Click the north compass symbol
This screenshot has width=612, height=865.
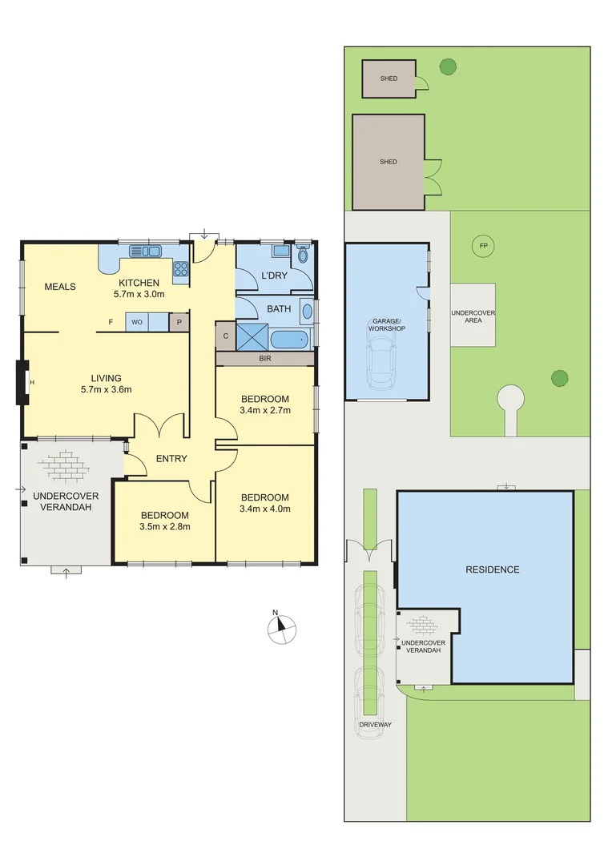click(x=281, y=628)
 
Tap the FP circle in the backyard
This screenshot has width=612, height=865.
click(x=483, y=245)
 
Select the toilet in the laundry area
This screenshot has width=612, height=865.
click(x=302, y=255)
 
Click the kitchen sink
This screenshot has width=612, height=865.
click(x=145, y=251)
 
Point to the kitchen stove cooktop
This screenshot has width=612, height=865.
click(x=181, y=269)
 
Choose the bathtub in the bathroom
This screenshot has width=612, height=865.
click(x=288, y=339)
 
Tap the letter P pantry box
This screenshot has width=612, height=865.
click(x=179, y=322)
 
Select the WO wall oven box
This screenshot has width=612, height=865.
click(x=137, y=322)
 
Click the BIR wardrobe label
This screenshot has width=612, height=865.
click(x=264, y=359)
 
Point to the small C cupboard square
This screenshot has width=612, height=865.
click(x=225, y=336)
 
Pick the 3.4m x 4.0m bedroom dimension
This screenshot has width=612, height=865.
click(x=264, y=509)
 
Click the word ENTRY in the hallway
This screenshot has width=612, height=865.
click(x=171, y=459)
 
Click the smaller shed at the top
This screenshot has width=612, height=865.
click(x=389, y=78)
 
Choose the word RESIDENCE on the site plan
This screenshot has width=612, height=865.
click(x=493, y=569)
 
